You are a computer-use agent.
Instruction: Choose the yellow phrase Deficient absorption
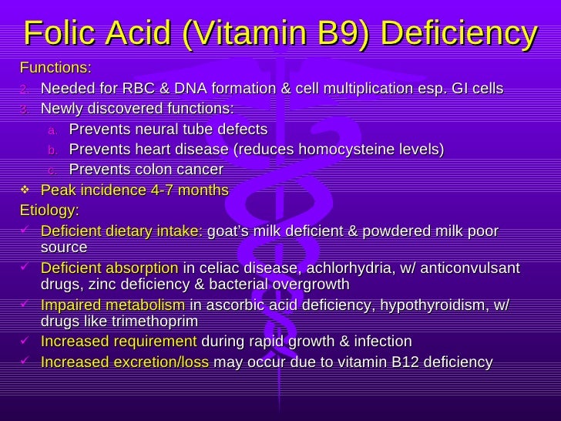109,268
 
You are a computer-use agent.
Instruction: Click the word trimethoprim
157,322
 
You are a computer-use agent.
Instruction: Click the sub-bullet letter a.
52,129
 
